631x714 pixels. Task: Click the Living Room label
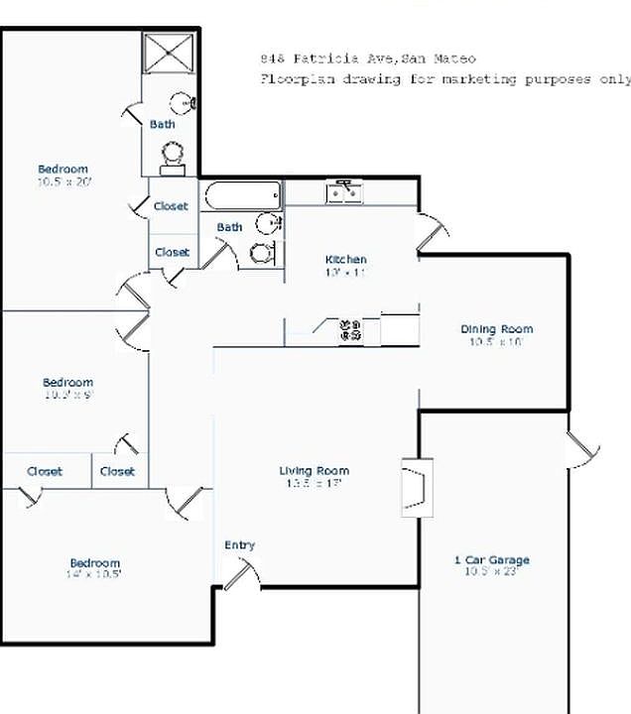314,471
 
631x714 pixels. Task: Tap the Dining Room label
496,329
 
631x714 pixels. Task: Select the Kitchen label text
345,260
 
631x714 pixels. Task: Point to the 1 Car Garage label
492,560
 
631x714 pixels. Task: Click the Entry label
239,545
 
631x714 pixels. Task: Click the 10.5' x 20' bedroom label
63,170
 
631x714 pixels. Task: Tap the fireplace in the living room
417,487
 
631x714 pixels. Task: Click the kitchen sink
344,191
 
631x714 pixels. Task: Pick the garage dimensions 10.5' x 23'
492,572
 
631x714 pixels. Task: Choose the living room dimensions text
314,484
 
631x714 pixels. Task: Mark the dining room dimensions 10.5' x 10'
496,342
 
